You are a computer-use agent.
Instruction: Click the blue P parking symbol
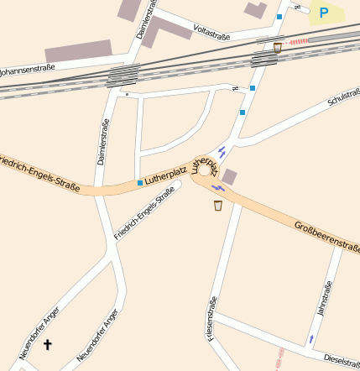[323, 13]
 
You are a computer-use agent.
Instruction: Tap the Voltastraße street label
[211, 30]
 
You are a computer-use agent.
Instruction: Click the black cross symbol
[47, 344]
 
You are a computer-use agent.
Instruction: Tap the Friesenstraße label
[212, 318]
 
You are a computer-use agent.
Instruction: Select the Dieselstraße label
[342, 358]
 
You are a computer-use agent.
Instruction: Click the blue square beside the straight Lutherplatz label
[139, 182]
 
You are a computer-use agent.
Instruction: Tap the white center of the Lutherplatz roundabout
[205, 170]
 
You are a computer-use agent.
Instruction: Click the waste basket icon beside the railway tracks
[278, 48]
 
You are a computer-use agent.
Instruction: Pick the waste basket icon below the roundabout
[218, 205]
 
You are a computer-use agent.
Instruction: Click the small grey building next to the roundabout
[229, 176]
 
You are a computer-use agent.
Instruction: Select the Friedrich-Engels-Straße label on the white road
[143, 214]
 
